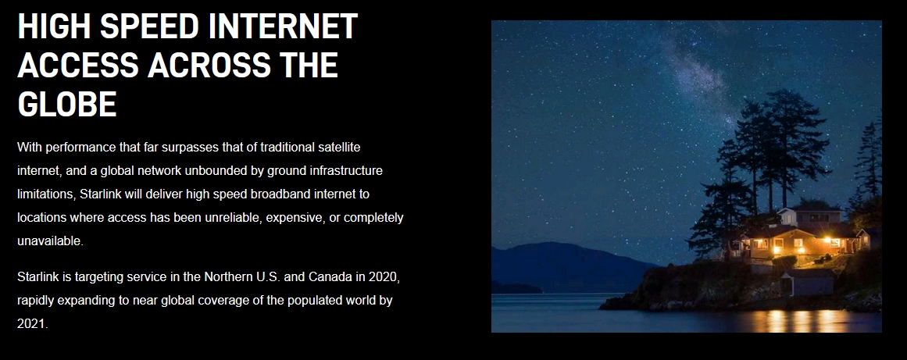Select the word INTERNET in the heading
click(x=283, y=27)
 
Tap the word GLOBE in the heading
click(x=67, y=104)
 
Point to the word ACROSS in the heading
click(x=209, y=66)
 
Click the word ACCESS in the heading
click(x=78, y=66)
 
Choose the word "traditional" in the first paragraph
click(x=287, y=148)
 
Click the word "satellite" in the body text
click(x=340, y=148)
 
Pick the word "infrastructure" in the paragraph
click(x=346, y=171)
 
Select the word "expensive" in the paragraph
click(x=295, y=218)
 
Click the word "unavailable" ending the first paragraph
click(x=49, y=241)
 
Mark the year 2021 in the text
click(x=32, y=324)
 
